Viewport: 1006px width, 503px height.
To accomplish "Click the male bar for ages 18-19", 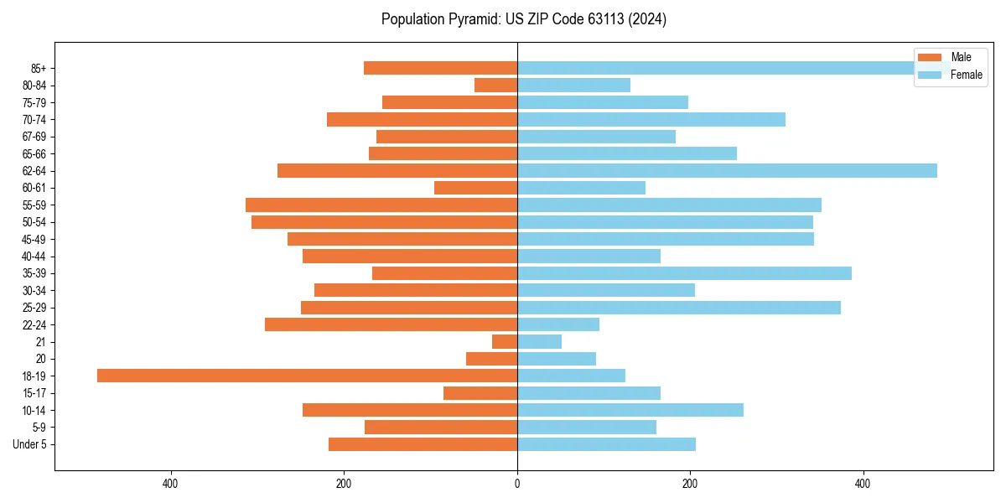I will pos(307,376).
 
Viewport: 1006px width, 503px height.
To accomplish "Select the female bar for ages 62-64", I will pos(727,170).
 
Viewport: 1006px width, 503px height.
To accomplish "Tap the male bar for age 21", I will pos(505,341).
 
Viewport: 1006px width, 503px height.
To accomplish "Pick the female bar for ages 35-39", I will pos(684,273).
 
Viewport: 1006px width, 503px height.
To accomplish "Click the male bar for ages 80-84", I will pos(495,85).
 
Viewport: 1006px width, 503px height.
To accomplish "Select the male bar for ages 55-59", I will pos(381,205).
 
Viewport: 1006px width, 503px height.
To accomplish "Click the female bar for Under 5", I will pos(606,444).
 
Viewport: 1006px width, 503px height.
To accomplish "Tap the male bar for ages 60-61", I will pos(475,188).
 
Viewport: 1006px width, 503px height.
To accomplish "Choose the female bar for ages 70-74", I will pos(651,119).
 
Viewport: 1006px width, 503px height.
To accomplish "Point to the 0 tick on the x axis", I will pos(517,484).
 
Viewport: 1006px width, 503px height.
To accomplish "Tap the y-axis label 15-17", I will pos(34,393).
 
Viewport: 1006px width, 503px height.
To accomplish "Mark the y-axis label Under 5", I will pos(29,444).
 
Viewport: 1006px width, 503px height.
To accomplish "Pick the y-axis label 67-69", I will pos(34,137).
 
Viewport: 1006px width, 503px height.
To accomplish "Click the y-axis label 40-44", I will pos(34,257).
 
